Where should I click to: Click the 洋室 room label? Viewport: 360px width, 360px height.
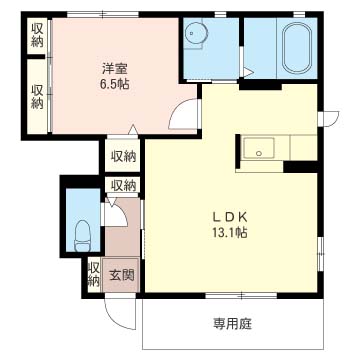pos(115,70)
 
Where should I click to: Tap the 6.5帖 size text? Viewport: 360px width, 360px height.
pos(115,85)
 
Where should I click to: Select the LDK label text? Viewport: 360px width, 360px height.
pos(230,217)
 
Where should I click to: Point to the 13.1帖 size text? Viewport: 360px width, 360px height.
pos(230,232)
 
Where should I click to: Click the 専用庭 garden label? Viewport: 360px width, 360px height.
pos(232,323)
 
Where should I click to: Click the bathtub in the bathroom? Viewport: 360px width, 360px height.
pos(297,47)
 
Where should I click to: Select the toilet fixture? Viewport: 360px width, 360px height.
pos(84,236)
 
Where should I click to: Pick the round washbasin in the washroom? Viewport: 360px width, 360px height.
pos(195,33)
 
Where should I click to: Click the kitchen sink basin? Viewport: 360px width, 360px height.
pos(259,148)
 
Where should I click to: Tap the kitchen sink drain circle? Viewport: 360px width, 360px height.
pos(259,153)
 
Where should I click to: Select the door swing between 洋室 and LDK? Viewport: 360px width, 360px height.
pos(182,115)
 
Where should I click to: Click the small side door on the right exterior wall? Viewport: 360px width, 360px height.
pos(329,119)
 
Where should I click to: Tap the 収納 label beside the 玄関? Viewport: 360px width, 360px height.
pos(94,274)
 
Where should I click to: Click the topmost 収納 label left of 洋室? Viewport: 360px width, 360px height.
pos(37,35)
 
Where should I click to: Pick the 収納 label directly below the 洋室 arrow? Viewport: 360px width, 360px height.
pos(123,156)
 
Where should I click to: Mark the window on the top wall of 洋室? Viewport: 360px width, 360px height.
pos(103,14)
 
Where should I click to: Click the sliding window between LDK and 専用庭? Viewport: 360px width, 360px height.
pos(241,295)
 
